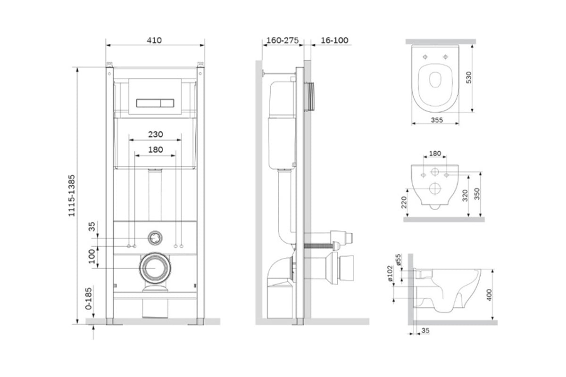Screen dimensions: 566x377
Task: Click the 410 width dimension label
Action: pyautogui.click(x=154, y=41)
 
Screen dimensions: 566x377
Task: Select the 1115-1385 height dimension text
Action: pyautogui.click(x=72, y=196)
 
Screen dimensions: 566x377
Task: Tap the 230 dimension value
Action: pyautogui.click(x=155, y=134)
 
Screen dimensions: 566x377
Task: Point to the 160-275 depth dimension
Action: pyautogui.click(x=283, y=41)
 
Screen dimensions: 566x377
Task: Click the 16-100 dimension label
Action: pyautogui.click(x=334, y=41)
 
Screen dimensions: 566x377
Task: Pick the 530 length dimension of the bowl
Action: pyautogui.click(x=468, y=78)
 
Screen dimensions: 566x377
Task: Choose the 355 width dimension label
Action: pyautogui.click(x=437, y=120)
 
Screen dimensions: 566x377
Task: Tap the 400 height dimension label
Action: pyautogui.click(x=489, y=295)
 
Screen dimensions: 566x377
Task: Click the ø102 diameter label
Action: pyautogui.click(x=390, y=273)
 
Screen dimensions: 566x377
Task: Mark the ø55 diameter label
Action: pyautogui.click(x=399, y=260)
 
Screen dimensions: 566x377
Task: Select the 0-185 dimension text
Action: pyautogui.click(x=89, y=298)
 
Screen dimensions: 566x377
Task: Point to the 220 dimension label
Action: pyautogui.click(x=404, y=202)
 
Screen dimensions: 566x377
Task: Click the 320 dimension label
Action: pyautogui.click(x=465, y=196)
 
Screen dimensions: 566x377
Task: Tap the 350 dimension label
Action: pyautogui.click(x=477, y=194)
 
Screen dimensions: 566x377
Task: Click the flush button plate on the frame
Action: pyautogui.click(x=155, y=96)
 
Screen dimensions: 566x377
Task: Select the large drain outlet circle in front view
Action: pyautogui.click(x=155, y=268)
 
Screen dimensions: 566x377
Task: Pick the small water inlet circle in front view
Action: pyautogui.click(x=155, y=238)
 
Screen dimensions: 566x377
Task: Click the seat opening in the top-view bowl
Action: pyautogui.click(x=435, y=79)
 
